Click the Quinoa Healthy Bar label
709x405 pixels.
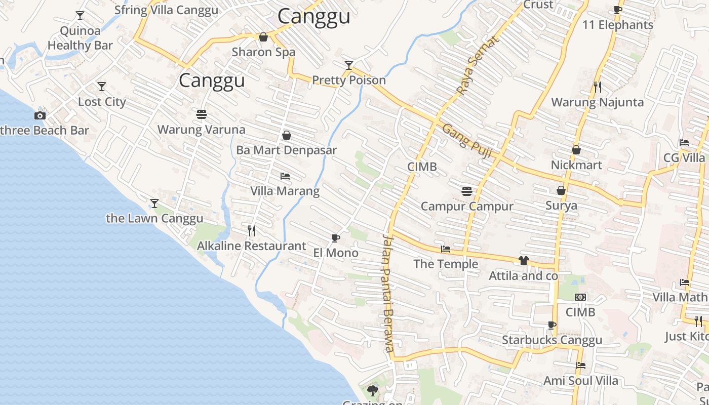(x=80, y=38)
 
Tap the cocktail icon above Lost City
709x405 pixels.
(x=102, y=87)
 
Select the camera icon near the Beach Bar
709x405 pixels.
(x=40, y=115)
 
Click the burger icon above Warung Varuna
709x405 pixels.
(x=202, y=114)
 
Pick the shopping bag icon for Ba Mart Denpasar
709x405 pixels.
(x=286, y=135)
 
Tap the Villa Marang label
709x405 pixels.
(x=285, y=191)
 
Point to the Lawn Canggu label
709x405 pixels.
(x=154, y=218)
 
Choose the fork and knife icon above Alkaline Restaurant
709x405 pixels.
(x=252, y=231)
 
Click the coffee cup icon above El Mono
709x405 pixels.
(x=335, y=238)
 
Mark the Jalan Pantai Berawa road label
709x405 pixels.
(x=388, y=293)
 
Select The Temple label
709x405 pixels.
(x=446, y=264)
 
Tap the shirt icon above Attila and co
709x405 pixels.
(x=523, y=261)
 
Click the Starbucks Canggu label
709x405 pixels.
(x=552, y=340)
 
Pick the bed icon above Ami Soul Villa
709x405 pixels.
(x=581, y=365)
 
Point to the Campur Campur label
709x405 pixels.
(x=467, y=206)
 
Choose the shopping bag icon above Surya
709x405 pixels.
(x=561, y=190)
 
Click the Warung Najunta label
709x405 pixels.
(x=597, y=102)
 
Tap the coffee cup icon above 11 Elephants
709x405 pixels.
(x=617, y=10)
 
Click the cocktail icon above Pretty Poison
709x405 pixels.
(x=349, y=65)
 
